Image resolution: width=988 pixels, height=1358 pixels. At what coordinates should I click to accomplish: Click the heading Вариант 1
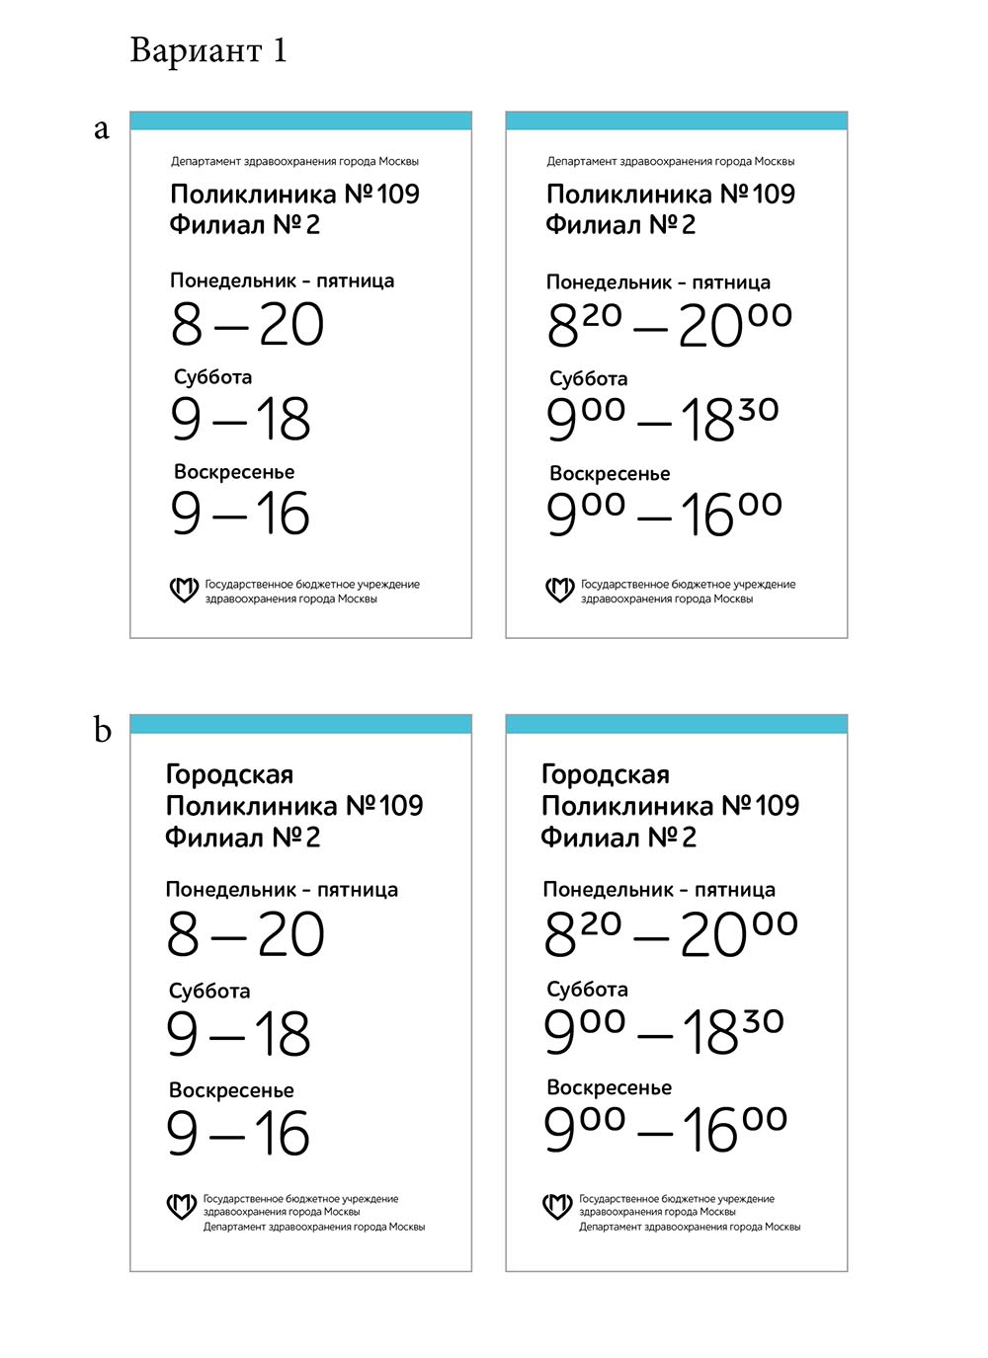[208, 50]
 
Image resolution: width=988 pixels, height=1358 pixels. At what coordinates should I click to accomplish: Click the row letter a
[101, 129]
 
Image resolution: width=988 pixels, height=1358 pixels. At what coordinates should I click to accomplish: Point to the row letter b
[102, 730]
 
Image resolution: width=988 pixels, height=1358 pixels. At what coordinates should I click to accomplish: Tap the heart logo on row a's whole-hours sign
[184, 591]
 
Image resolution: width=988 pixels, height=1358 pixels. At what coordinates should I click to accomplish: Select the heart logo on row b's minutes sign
[558, 1205]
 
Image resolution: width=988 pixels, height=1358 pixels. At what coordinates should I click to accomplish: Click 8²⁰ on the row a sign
[585, 325]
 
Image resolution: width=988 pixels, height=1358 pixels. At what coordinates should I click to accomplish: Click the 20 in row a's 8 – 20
[291, 325]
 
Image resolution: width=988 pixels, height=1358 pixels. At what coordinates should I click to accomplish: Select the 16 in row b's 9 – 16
[283, 1133]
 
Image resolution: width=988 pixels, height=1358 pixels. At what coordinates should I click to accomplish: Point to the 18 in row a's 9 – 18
[284, 420]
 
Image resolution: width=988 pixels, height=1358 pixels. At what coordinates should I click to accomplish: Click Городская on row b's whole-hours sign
[229, 774]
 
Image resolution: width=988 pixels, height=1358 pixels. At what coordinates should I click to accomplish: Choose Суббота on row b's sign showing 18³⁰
[587, 990]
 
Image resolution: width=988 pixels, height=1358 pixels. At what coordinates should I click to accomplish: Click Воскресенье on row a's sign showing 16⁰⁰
[610, 474]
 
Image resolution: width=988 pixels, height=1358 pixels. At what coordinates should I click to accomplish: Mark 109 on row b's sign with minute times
[778, 806]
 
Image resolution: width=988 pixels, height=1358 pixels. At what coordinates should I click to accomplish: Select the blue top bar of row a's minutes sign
[677, 120]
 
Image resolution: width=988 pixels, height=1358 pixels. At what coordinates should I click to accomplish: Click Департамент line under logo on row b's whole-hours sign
[313, 1227]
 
